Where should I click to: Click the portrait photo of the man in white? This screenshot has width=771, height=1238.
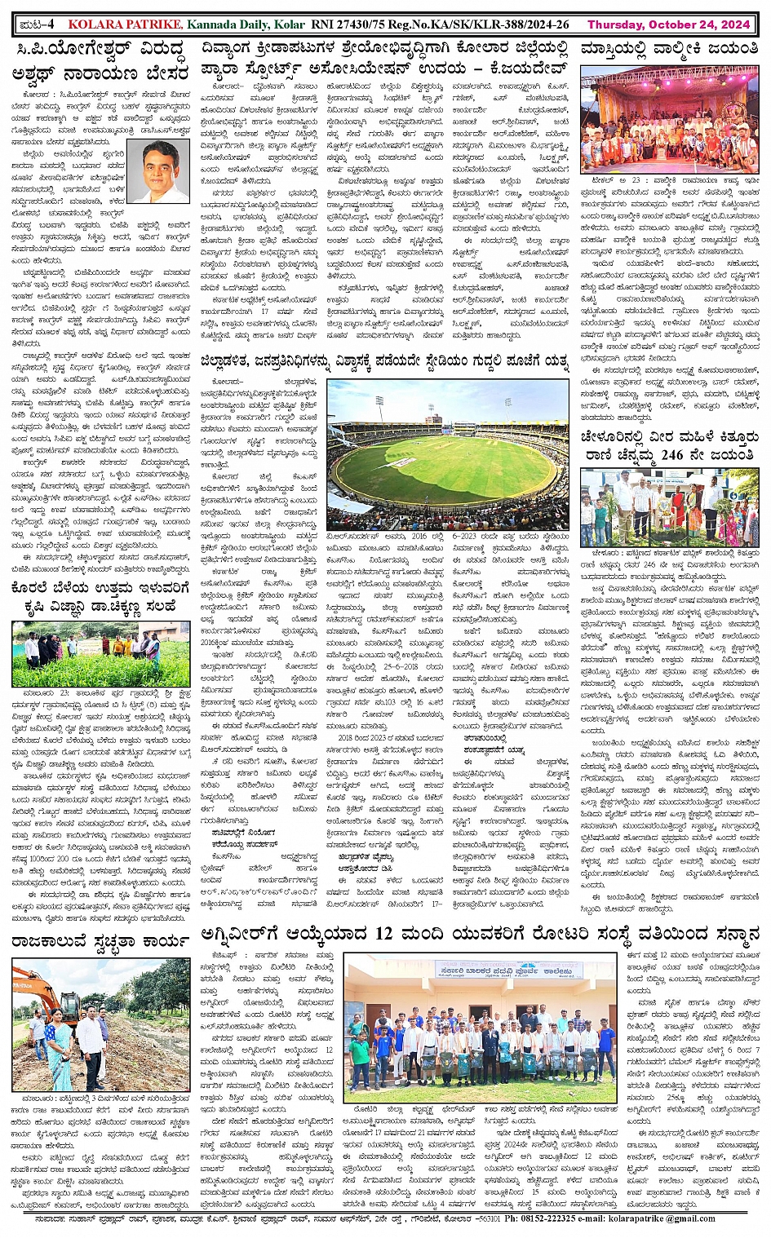pos(158,172)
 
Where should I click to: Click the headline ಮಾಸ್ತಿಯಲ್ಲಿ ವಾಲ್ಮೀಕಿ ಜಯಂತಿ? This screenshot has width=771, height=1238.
pos(669,51)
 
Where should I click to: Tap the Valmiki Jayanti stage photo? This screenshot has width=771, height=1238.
pos(669,119)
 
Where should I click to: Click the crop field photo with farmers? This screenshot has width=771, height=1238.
pos(100,653)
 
